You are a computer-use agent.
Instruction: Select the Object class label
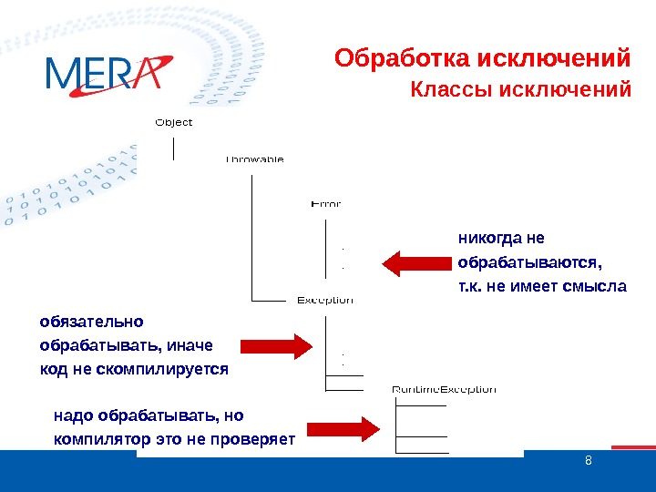click(174, 121)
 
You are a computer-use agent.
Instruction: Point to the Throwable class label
click(254, 159)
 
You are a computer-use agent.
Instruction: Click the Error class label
click(326, 203)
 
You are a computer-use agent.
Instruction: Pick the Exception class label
click(325, 300)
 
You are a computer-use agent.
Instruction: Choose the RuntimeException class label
click(444, 389)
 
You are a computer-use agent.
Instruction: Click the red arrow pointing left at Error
click(415, 263)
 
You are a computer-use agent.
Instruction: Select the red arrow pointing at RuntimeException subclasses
click(343, 428)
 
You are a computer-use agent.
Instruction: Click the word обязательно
click(91, 321)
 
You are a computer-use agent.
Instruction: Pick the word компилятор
click(97, 440)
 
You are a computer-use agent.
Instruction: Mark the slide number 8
click(588, 459)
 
